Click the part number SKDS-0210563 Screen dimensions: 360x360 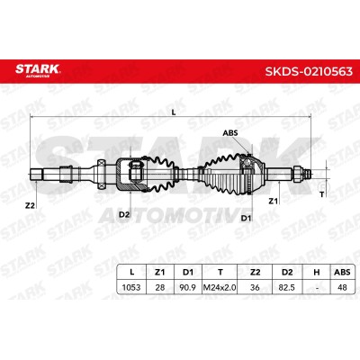click(x=309, y=71)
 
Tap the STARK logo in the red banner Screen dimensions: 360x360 click(x=38, y=70)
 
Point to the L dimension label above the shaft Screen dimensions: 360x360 click(x=173, y=112)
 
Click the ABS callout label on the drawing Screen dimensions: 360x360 click(x=230, y=132)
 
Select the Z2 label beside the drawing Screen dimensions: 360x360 click(x=30, y=205)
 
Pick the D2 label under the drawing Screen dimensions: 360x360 click(x=124, y=214)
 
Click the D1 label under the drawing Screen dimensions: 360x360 click(x=246, y=218)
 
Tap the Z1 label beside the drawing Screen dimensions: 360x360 click(x=273, y=201)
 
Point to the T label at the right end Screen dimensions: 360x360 click(x=322, y=194)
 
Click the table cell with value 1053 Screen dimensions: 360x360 click(x=131, y=287)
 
